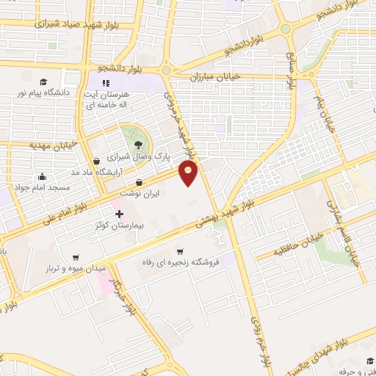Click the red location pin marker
pos(189,173)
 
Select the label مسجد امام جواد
pos(46,187)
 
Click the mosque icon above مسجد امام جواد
pos(42,176)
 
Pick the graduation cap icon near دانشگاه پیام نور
pos(43,82)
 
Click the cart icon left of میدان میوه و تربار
pos(76,258)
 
